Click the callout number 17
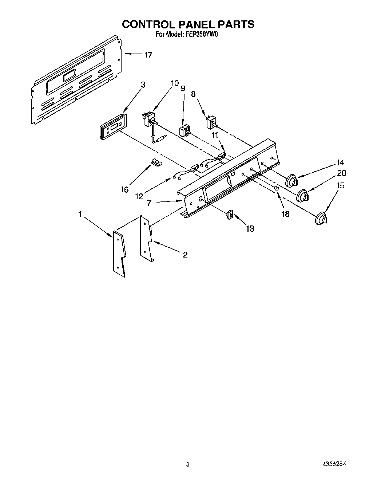(148, 55)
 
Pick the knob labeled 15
(321, 218)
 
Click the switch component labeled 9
(185, 130)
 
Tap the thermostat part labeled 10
(149, 119)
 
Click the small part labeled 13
(230, 215)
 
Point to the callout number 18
(285, 214)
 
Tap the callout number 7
(149, 203)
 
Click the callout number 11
(215, 134)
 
